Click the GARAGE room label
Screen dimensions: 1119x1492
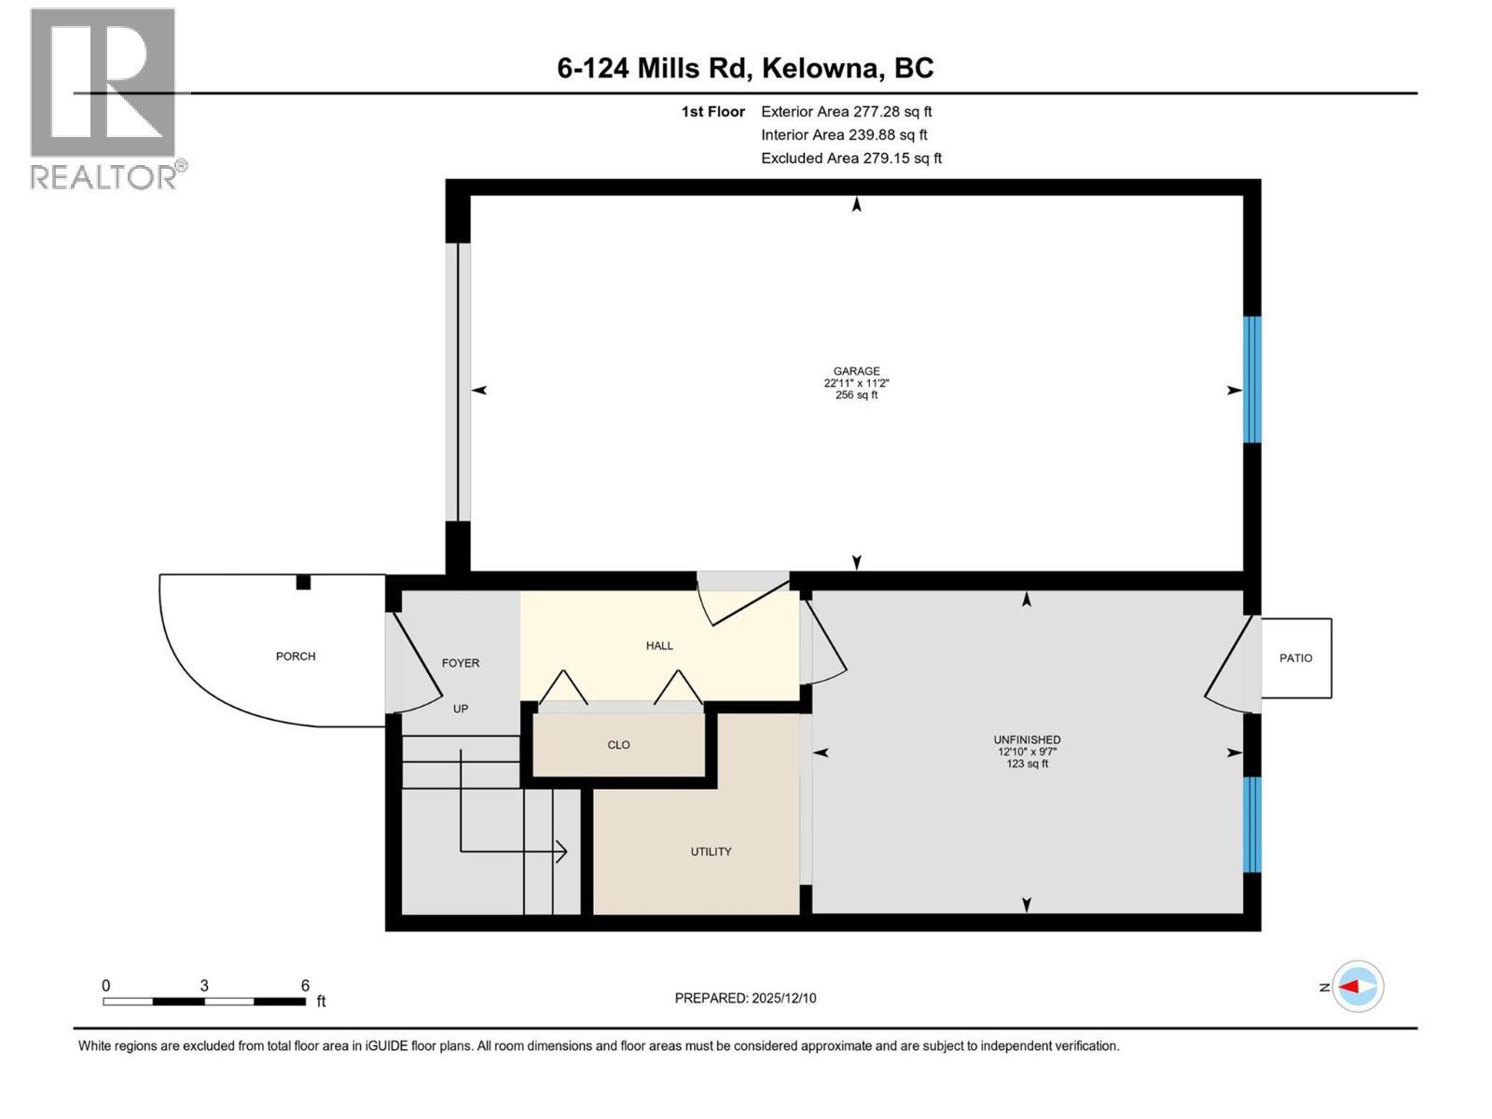856,371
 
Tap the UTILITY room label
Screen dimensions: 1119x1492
711,851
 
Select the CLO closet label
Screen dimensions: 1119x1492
618,745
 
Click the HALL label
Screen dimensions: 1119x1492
659,645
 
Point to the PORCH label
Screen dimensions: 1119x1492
296,656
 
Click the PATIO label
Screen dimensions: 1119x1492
1295,658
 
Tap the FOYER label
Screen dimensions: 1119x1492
460,663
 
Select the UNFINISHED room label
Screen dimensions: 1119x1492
1027,739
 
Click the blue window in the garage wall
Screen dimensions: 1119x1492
1251,380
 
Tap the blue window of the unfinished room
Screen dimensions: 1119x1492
1251,824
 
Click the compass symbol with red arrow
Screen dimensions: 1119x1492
1358,987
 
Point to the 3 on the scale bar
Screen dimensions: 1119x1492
203,986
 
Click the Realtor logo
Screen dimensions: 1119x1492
104,98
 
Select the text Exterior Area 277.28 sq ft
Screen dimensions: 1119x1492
846,112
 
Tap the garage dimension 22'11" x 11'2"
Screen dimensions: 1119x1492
856,383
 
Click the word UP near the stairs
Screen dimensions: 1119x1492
461,709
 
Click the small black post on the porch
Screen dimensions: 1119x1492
303,583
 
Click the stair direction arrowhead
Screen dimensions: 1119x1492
561,850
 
